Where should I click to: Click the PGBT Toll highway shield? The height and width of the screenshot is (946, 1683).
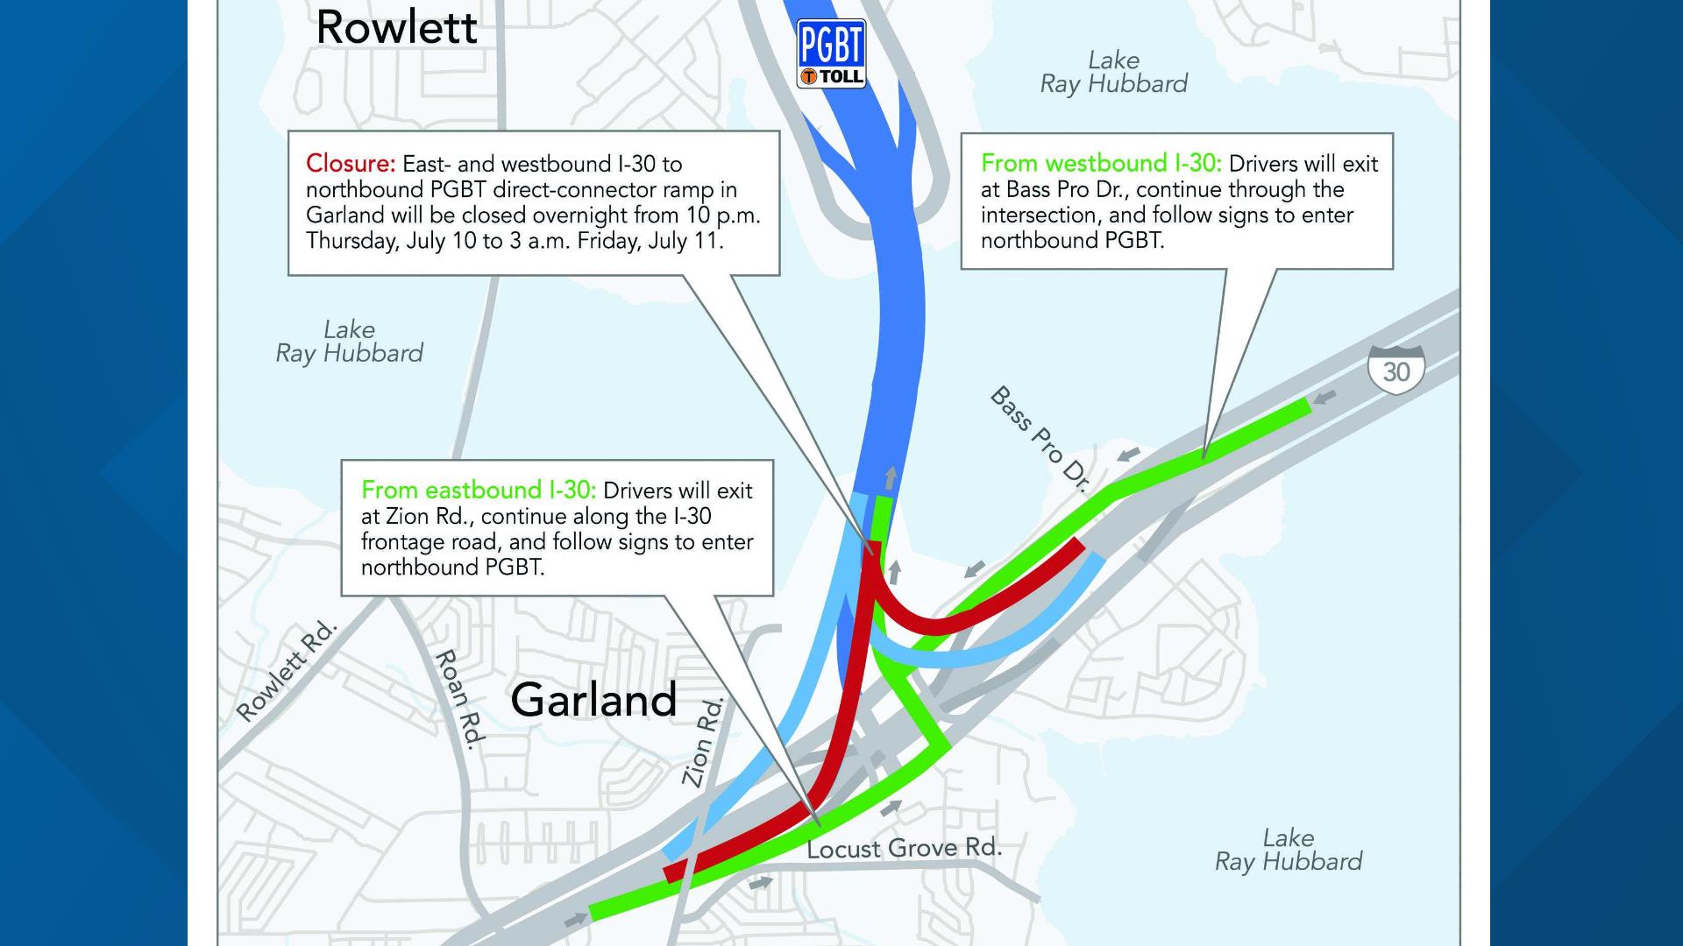[x=830, y=53]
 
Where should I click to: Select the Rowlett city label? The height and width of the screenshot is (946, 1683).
[x=396, y=27]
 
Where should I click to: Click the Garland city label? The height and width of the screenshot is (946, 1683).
[x=593, y=699]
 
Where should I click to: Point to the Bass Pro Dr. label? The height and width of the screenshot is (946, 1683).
[x=1039, y=439]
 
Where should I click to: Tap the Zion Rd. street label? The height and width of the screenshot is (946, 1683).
[x=703, y=743]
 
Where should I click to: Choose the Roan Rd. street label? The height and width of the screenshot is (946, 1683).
[x=460, y=699]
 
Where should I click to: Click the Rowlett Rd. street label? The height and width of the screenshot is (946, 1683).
[x=287, y=671]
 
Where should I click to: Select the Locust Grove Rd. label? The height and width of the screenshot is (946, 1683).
[x=904, y=848]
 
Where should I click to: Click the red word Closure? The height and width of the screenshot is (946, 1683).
[x=351, y=164]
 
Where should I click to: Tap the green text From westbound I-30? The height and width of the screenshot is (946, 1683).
[x=1102, y=164]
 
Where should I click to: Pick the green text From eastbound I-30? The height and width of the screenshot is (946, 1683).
[x=479, y=490]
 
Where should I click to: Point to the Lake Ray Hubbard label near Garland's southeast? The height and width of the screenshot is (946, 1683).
[x=1288, y=850]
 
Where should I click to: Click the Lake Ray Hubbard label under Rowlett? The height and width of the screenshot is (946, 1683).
[x=349, y=342]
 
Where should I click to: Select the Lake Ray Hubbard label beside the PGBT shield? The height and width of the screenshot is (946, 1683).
[x=1113, y=72]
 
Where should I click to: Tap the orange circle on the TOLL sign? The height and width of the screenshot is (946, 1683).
[x=809, y=76]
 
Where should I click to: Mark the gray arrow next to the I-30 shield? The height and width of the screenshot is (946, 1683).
[x=1325, y=397]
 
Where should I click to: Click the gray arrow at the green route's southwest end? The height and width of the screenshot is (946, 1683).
[x=576, y=920]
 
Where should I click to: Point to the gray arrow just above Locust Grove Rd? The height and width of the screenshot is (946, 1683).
[x=891, y=808]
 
